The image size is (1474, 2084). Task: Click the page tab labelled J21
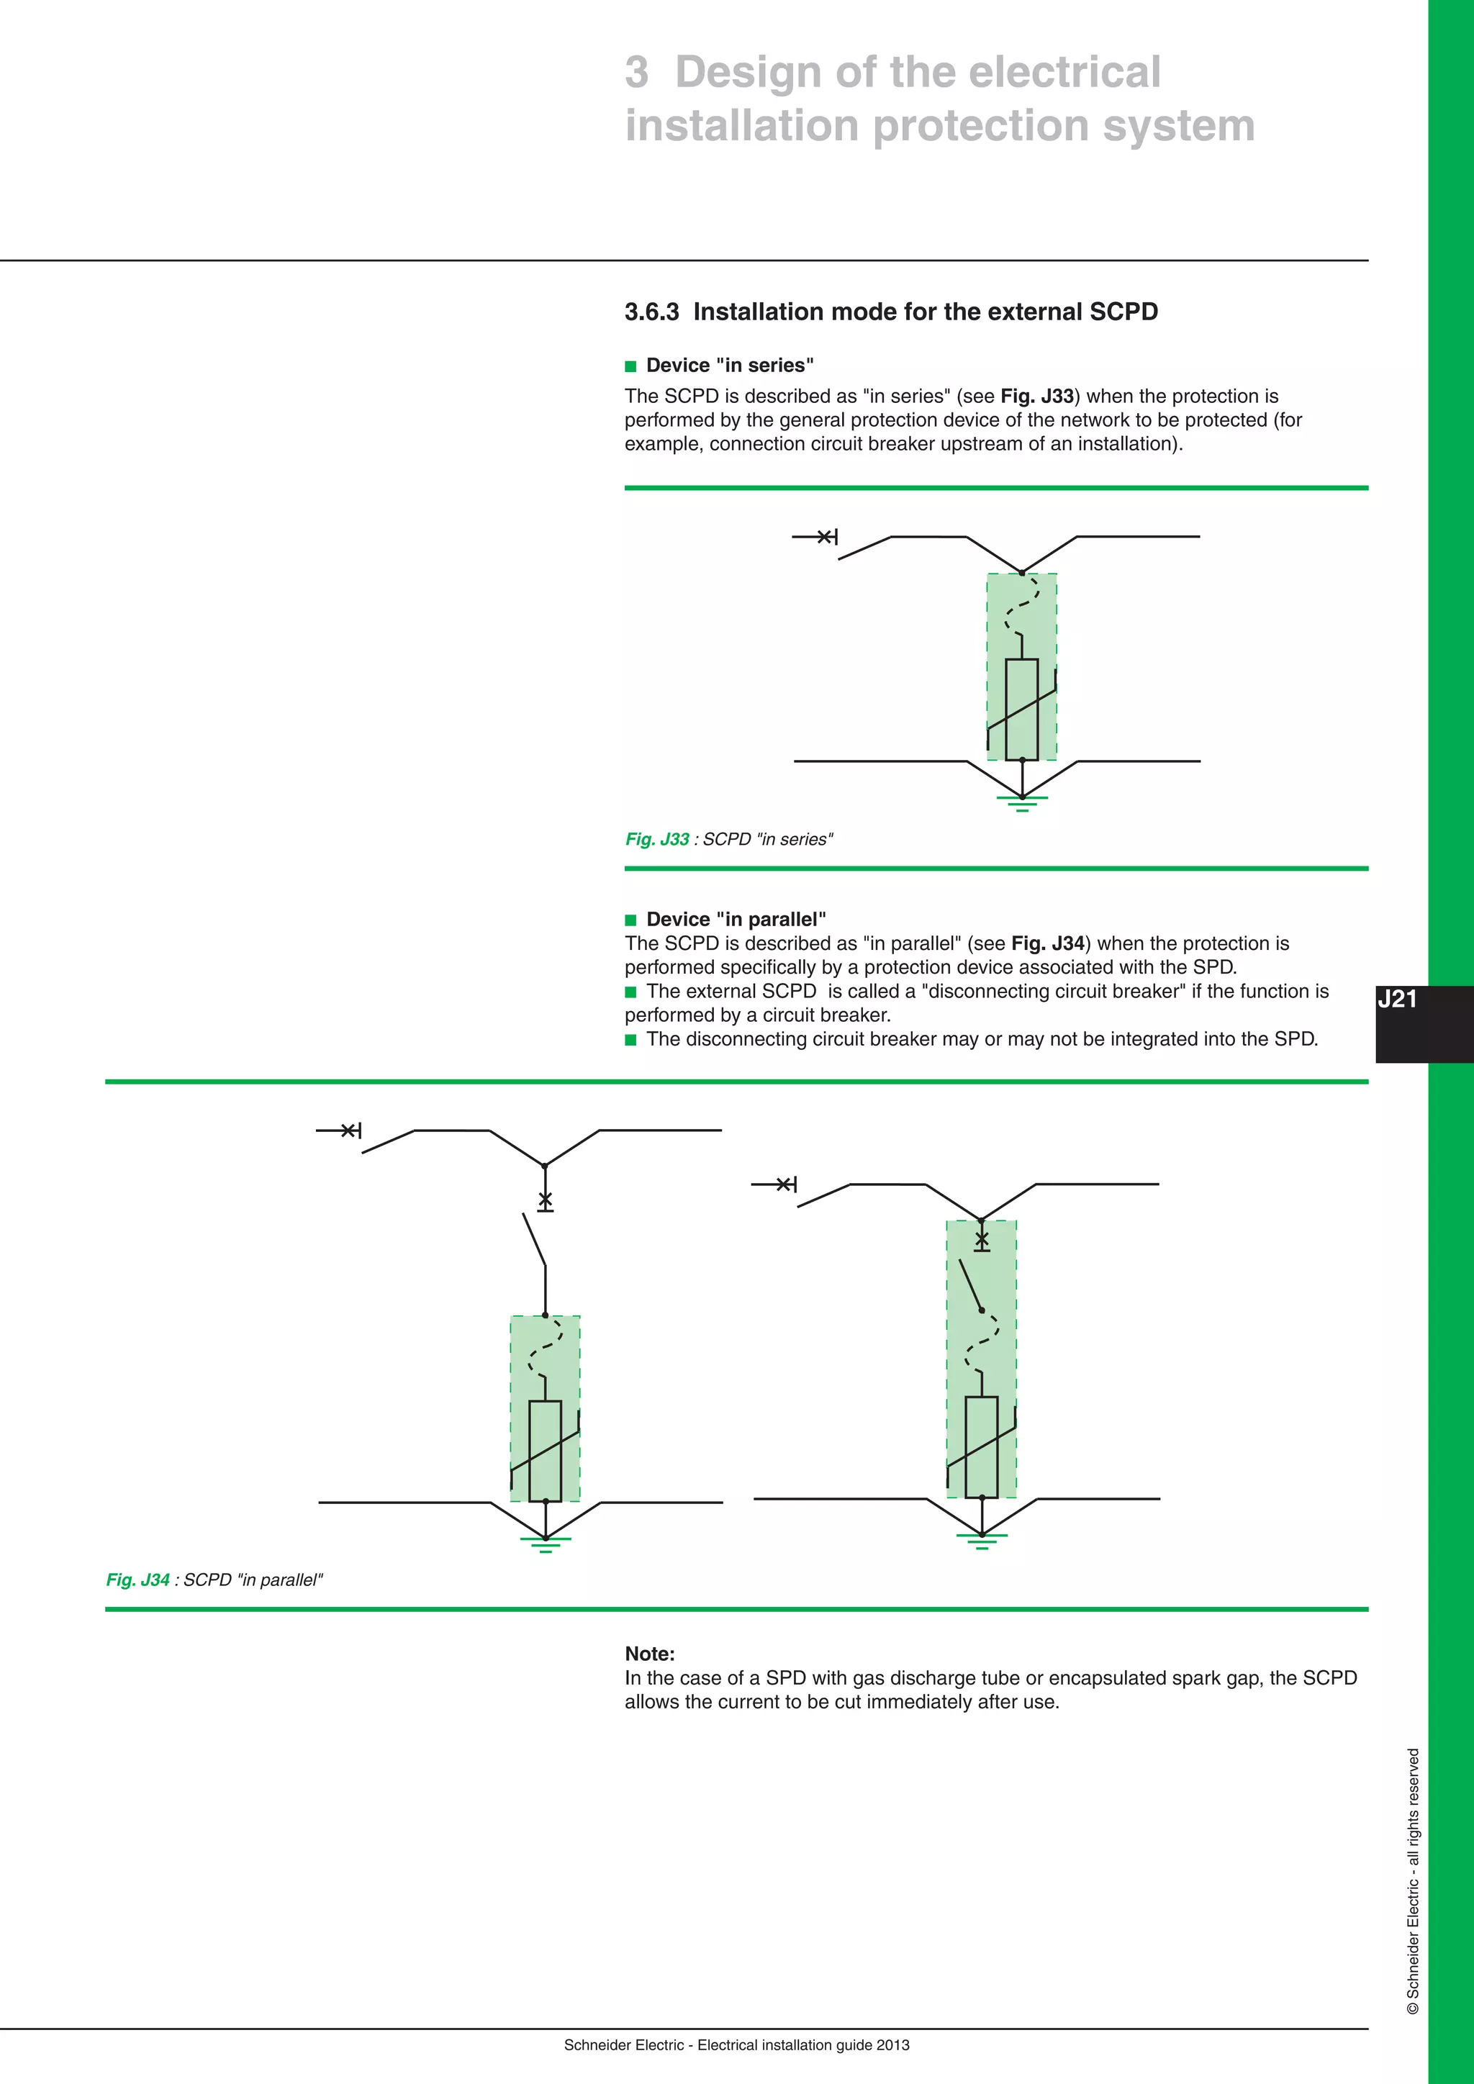(1397, 1000)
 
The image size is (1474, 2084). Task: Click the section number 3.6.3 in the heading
(651, 312)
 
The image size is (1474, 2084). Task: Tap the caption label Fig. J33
(657, 840)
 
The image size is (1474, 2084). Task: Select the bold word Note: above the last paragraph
(650, 1654)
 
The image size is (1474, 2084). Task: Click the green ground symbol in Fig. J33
(1022, 800)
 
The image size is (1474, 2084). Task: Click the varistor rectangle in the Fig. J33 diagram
(1022, 709)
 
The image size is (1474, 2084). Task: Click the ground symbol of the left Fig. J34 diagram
(546, 1542)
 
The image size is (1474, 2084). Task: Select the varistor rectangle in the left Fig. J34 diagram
(545, 1451)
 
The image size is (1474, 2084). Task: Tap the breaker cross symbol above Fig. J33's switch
(826, 538)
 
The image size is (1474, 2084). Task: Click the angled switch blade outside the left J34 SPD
(535, 1239)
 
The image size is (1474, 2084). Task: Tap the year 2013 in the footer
(893, 2045)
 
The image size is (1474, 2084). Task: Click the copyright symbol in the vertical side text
(1412, 2008)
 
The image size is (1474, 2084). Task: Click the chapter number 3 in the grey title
(637, 73)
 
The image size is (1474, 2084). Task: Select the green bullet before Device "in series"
(632, 367)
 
